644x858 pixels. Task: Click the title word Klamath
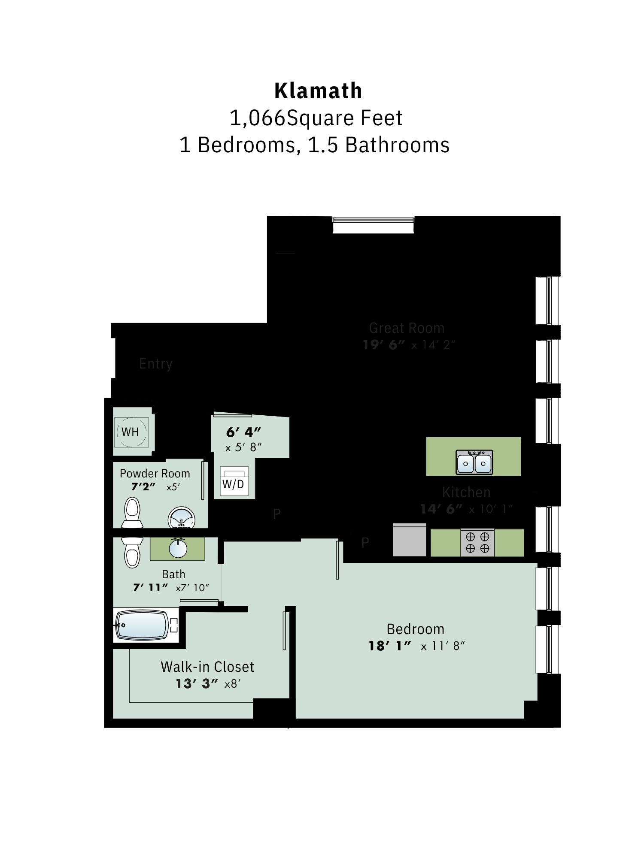point(318,91)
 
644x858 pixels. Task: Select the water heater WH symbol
point(131,432)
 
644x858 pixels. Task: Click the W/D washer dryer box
point(234,481)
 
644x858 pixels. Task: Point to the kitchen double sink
point(474,462)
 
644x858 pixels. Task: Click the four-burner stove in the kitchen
point(477,543)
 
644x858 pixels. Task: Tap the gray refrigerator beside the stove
point(409,540)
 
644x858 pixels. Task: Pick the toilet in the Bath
point(132,552)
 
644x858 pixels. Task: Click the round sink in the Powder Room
point(181,518)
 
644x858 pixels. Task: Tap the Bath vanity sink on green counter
point(178,548)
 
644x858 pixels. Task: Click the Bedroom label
point(415,629)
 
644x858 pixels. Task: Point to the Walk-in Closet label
point(207,667)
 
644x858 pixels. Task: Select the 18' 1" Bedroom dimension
point(390,646)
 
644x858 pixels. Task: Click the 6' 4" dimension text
point(243,432)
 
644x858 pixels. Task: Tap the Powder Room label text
point(155,474)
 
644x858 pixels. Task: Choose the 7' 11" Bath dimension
point(150,587)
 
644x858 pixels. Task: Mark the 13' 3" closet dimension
point(197,683)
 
